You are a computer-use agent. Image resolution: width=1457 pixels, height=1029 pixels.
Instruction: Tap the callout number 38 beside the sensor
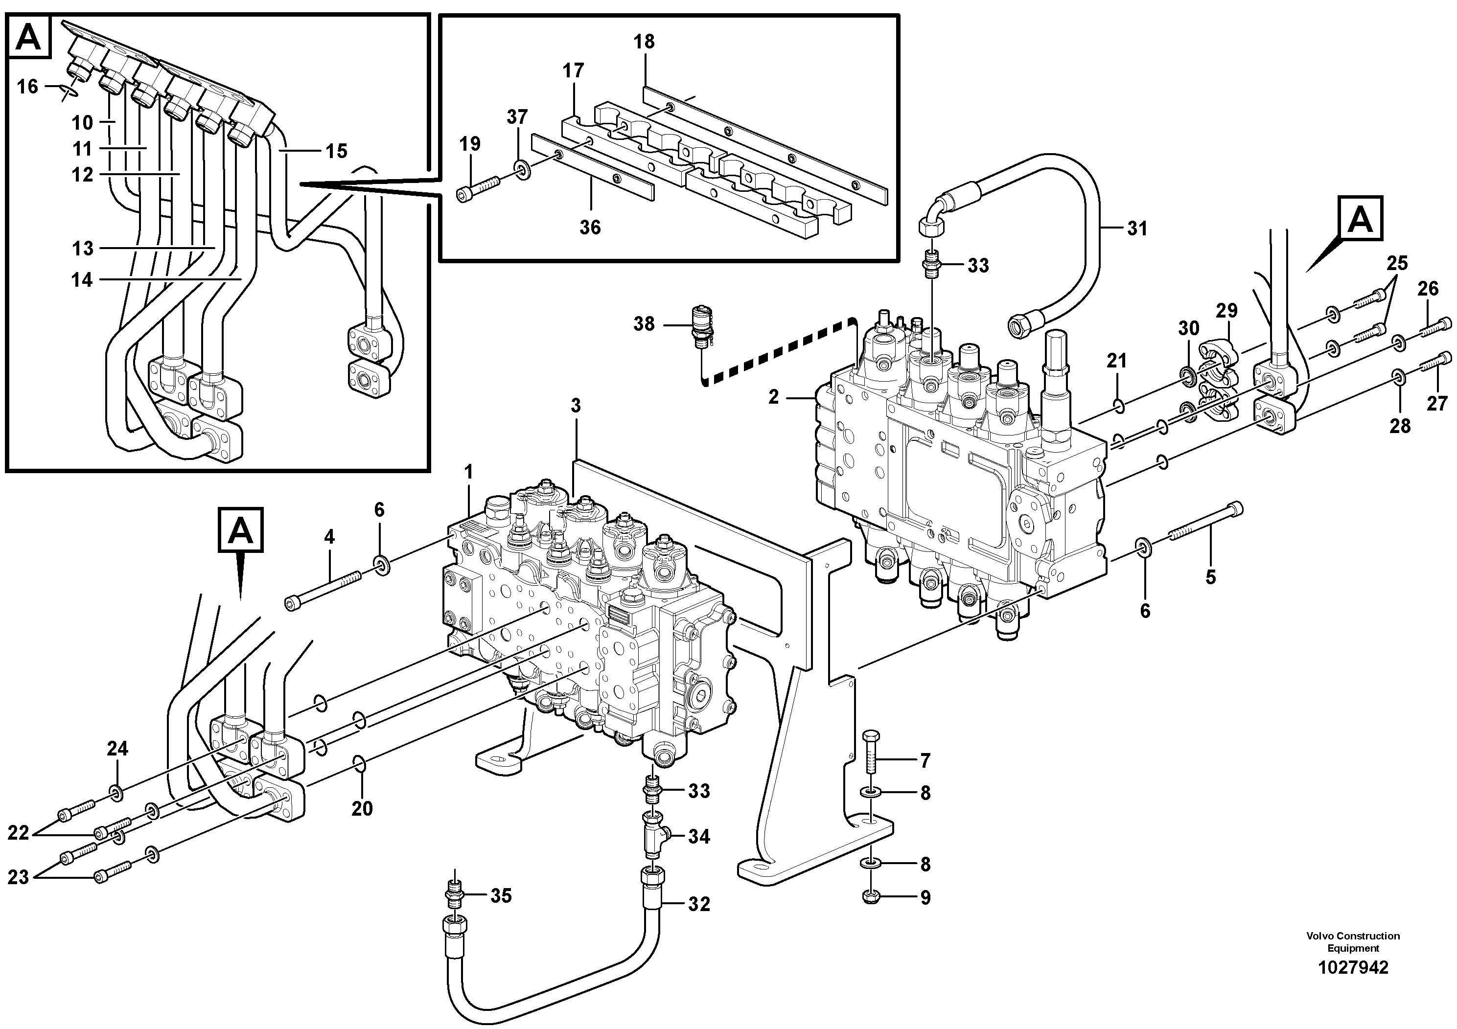click(x=644, y=324)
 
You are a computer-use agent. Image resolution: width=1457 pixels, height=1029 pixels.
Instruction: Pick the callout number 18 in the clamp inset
click(x=644, y=42)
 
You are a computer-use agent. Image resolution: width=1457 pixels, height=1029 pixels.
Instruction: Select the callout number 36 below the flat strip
click(x=590, y=227)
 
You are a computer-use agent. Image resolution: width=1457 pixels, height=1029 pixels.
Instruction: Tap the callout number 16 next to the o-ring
click(x=27, y=86)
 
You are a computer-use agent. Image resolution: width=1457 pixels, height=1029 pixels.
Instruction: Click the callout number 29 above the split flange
click(x=1226, y=311)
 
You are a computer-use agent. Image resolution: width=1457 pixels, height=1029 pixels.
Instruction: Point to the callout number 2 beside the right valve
click(x=773, y=397)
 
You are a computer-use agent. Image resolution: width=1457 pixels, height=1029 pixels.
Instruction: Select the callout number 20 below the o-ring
click(x=362, y=808)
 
